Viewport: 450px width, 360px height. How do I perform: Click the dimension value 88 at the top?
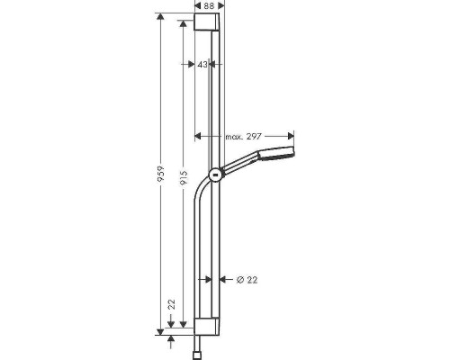[209, 7]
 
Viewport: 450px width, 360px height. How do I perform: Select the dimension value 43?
[202, 65]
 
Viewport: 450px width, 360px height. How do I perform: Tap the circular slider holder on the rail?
[215, 175]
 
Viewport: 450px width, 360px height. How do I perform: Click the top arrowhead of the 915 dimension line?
[185, 35]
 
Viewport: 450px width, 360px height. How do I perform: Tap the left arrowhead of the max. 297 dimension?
[198, 137]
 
